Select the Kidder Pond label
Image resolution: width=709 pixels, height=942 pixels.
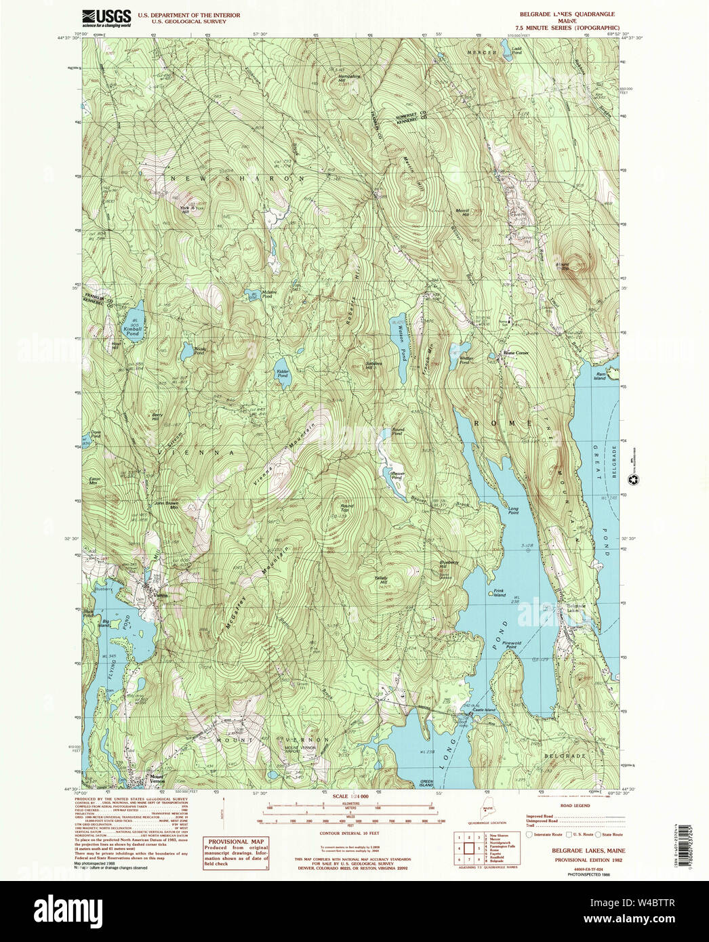(x=282, y=372)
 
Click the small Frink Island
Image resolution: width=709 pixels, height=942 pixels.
(x=490, y=592)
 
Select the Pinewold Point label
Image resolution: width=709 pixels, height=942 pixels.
(x=512, y=644)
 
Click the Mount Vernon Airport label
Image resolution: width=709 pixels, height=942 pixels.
(x=301, y=749)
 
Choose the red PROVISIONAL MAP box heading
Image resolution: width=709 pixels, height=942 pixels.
(x=237, y=841)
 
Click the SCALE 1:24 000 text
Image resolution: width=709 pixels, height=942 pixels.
(x=350, y=796)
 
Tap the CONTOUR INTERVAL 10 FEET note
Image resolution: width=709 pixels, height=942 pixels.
(x=350, y=833)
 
